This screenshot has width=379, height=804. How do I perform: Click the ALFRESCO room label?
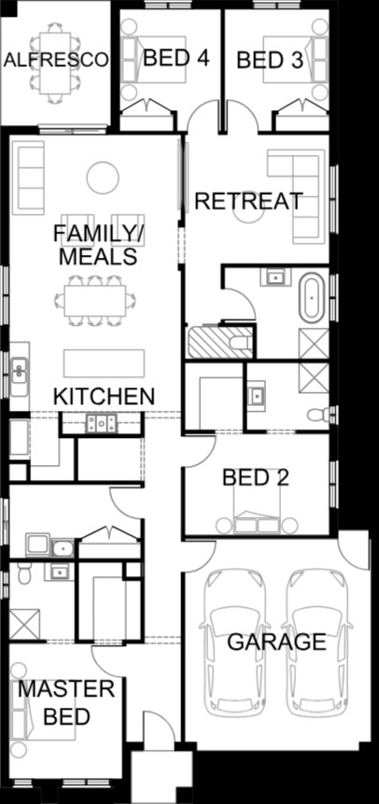pos(56,60)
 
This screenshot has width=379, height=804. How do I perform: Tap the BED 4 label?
pos(175,58)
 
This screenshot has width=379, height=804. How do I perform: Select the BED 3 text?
pos(270,61)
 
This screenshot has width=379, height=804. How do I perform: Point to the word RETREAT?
pos(248,201)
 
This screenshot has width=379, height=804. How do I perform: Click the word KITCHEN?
pos(105,396)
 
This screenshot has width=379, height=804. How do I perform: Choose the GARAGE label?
pos(277,642)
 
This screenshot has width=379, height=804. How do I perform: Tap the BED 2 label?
pos(256,478)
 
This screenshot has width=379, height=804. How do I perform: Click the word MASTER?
pos(66,689)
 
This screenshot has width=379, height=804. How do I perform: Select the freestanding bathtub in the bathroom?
pos(312,297)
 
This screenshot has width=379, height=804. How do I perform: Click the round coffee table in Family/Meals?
pos(103,177)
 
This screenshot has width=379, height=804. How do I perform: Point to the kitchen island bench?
pos(105,363)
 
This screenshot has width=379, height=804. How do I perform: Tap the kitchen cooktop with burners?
pos(101,422)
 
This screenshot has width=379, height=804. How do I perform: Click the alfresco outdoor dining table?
pos(55,63)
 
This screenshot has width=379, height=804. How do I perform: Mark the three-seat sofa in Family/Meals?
pos(28,177)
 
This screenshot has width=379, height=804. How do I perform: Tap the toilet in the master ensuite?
pos(24,573)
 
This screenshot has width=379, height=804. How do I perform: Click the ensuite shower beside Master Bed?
pos(24,624)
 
